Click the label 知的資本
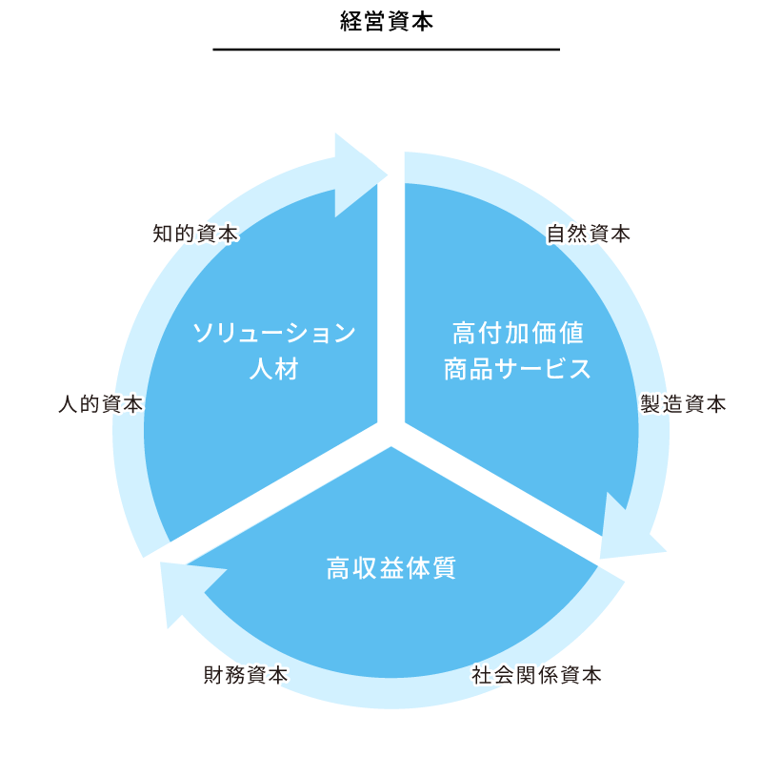[x=194, y=234]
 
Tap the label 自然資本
[x=589, y=234]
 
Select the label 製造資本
[x=684, y=404]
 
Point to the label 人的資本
[x=99, y=404]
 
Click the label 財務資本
[x=245, y=676]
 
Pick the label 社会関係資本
[x=537, y=676]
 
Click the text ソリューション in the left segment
[x=274, y=333]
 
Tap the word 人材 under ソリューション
[x=274, y=369]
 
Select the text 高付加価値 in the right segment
[x=517, y=333]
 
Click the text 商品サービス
[x=517, y=369]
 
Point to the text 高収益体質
[x=390, y=569]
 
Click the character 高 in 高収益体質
[x=338, y=569]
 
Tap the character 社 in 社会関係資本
[x=483, y=676]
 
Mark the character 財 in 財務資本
[x=212, y=676]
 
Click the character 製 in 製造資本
[x=651, y=404]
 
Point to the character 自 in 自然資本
[x=556, y=234]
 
